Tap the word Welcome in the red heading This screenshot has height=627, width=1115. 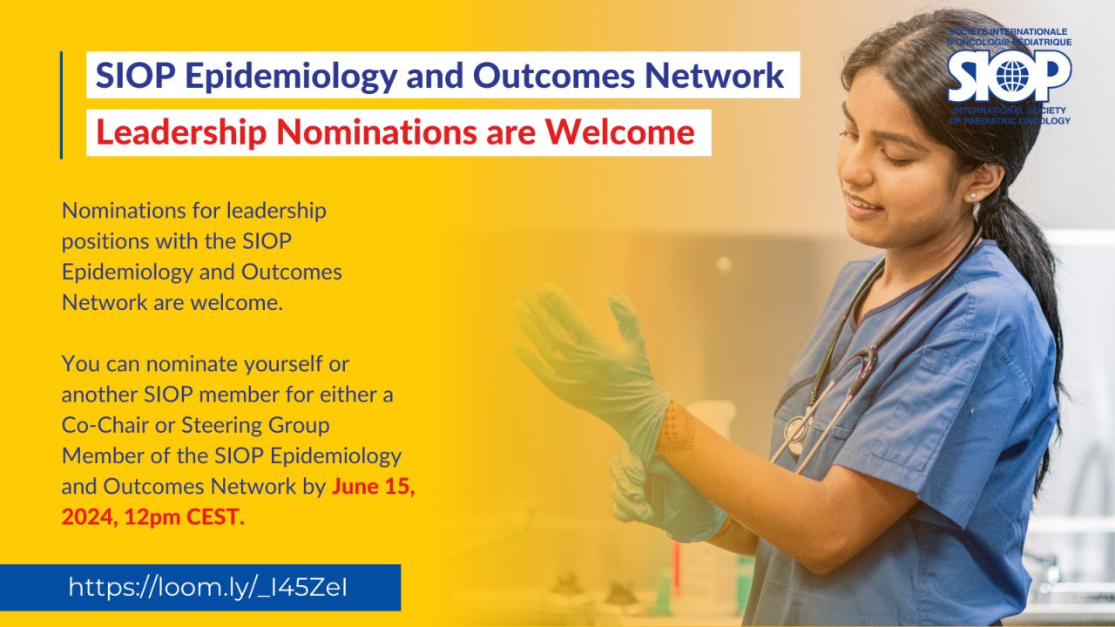pyautogui.click(x=619, y=131)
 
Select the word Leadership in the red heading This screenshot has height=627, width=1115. pyautogui.click(x=181, y=133)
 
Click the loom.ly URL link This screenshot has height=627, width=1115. pyautogui.click(x=208, y=587)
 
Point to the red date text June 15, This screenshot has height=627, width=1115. pyautogui.click(x=374, y=487)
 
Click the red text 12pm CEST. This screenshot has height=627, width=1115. pyautogui.click(x=184, y=517)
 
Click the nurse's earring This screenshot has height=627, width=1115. pyautogui.click(x=973, y=196)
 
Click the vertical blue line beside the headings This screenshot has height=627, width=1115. pyautogui.click(x=61, y=105)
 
